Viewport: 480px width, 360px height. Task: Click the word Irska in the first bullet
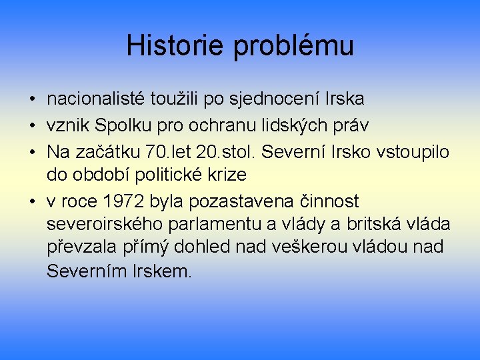click(x=345, y=99)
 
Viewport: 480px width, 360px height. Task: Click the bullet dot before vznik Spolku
click(x=32, y=126)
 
